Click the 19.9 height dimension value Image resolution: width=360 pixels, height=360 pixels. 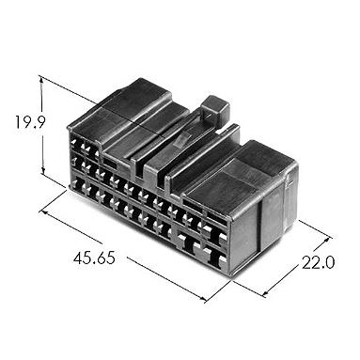coord(30,122)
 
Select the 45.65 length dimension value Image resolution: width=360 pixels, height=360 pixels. coord(94,258)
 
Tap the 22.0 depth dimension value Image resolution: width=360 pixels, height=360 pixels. coord(318,263)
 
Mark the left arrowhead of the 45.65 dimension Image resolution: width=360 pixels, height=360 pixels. coord(44,212)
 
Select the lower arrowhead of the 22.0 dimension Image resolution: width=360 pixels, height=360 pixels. coord(265,293)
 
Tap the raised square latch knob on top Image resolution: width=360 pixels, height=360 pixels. coord(215,110)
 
